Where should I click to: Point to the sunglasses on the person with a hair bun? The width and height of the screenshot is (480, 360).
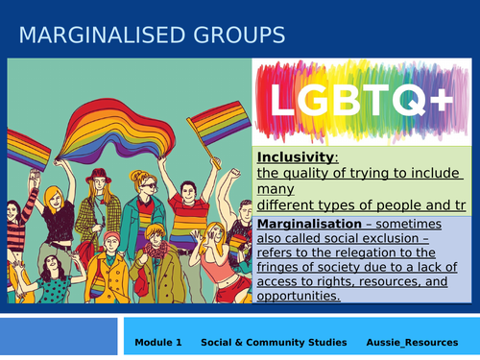click(142, 181)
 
